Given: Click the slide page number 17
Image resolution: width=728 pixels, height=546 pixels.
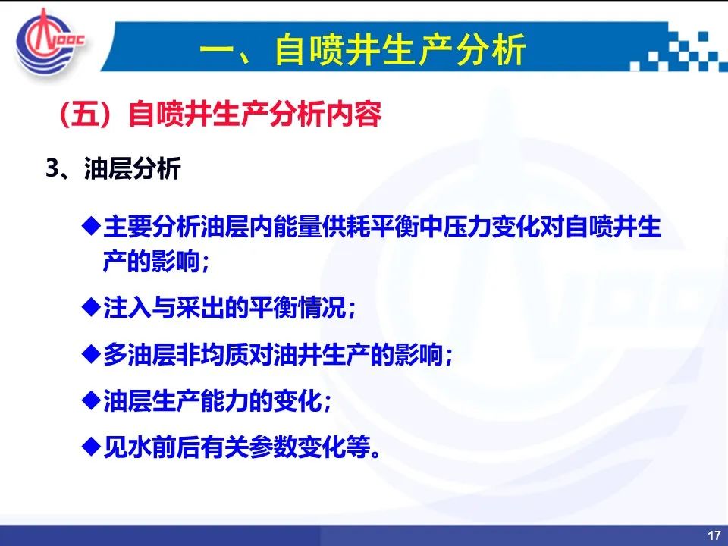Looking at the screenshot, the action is click(714, 535).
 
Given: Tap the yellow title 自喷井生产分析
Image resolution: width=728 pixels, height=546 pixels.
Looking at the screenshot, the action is click(400, 49).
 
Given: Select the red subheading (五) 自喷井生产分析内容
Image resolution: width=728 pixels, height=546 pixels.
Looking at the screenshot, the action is click(220, 114).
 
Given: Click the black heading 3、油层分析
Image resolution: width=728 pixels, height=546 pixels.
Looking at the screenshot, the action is click(113, 168).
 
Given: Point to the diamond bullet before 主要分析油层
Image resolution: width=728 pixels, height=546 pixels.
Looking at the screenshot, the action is click(91, 226).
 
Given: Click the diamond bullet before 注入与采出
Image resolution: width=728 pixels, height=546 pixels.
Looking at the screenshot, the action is click(91, 306).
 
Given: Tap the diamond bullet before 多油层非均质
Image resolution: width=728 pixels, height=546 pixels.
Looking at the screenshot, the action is click(91, 354).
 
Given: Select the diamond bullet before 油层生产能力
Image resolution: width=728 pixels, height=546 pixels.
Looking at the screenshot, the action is click(91, 400).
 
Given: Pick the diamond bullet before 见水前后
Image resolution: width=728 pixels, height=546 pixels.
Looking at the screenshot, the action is click(91, 447).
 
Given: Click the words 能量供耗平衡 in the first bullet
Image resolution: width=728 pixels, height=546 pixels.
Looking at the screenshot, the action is click(345, 227).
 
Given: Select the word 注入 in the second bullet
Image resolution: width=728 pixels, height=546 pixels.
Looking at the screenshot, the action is click(127, 307).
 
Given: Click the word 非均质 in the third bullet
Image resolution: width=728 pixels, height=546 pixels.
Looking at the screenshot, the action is click(212, 355).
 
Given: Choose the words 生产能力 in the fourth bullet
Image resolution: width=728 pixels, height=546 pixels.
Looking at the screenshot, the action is click(199, 401).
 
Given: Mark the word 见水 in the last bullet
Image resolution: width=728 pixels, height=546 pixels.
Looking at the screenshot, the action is click(127, 447).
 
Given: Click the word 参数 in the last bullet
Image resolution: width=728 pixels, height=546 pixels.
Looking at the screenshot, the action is click(272, 447).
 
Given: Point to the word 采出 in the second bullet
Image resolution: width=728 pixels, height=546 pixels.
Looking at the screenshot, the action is click(200, 307).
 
